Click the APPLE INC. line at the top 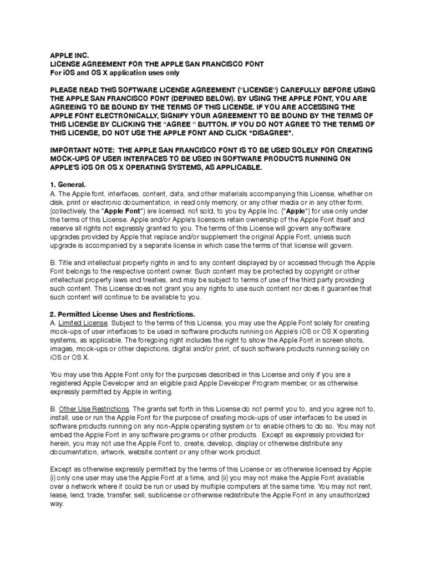[66, 56]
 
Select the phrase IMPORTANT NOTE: [81, 150]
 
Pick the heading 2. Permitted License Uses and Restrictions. [123, 314]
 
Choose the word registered [68, 383]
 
